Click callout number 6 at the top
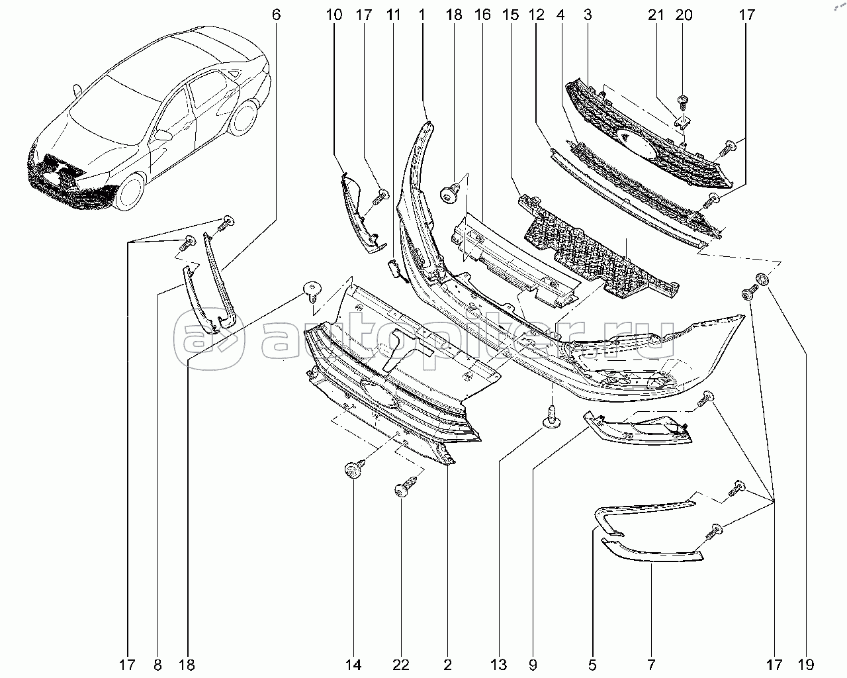pyautogui.click(x=277, y=14)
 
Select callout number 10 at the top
pyautogui.click(x=334, y=14)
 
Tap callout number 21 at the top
pyautogui.click(x=656, y=14)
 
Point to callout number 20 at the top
pyautogui.click(x=684, y=14)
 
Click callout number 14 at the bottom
pyautogui.click(x=353, y=664)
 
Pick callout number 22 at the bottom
pyautogui.click(x=401, y=664)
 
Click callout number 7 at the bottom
pyautogui.click(x=651, y=664)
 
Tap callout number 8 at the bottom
pyautogui.click(x=157, y=664)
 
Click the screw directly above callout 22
pyautogui.click(x=403, y=489)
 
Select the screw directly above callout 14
pyautogui.click(x=352, y=471)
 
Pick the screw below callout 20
pyautogui.click(x=683, y=102)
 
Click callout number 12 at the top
pyautogui.click(x=537, y=14)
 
